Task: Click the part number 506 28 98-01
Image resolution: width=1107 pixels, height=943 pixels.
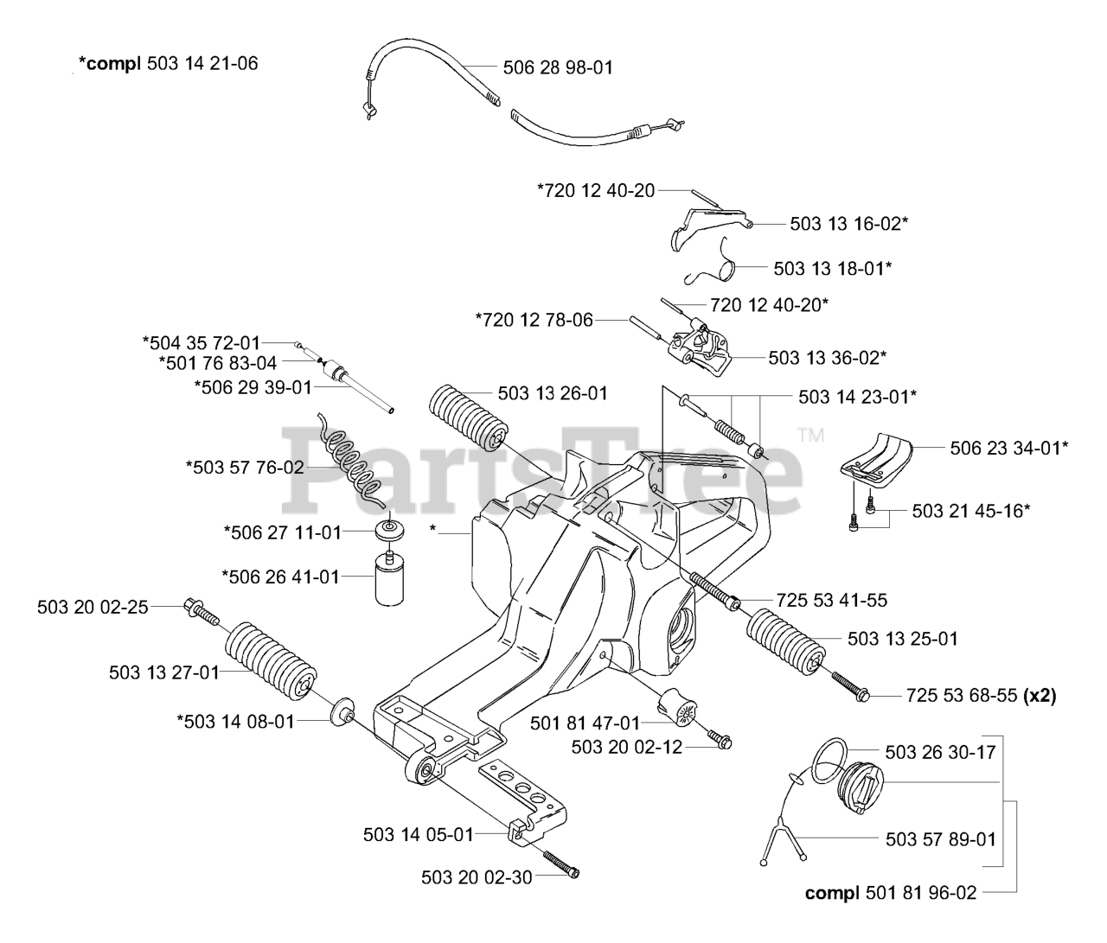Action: (x=558, y=67)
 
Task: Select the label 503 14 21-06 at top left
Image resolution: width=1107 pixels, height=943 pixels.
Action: (x=202, y=63)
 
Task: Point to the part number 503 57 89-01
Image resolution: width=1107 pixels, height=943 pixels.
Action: (x=941, y=838)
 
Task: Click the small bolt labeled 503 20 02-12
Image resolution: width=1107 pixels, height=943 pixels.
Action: (x=720, y=739)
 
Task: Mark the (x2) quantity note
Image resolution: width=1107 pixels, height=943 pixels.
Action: (x=1039, y=696)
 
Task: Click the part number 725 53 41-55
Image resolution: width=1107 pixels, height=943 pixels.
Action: (x=831, y=600)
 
